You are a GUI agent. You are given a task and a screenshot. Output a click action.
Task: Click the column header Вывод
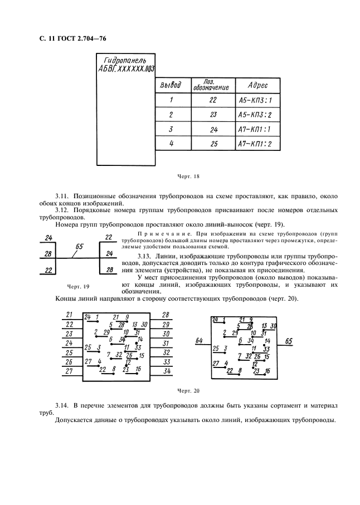pyautogui.click(x=170, y=85)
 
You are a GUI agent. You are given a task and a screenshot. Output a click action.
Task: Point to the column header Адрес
pyautogui.click(x=256, y=85)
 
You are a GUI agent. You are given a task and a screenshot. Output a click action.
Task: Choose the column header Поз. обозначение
pyautogui.click(x=211, y=85)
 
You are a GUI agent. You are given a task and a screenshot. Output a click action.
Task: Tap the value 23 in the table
pyautogui.click(x=212, y=115)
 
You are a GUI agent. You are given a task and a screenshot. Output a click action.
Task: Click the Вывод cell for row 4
pyautogui.click(x=171, y=144)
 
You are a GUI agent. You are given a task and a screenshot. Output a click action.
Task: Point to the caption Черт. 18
pyautogui.click(x=188, y=176)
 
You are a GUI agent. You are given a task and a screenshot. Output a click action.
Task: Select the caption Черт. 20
pyautogui.click(x=188, y=391)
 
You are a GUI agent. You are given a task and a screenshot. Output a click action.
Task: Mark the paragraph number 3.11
pyautogui.click(x=62, y=197)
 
